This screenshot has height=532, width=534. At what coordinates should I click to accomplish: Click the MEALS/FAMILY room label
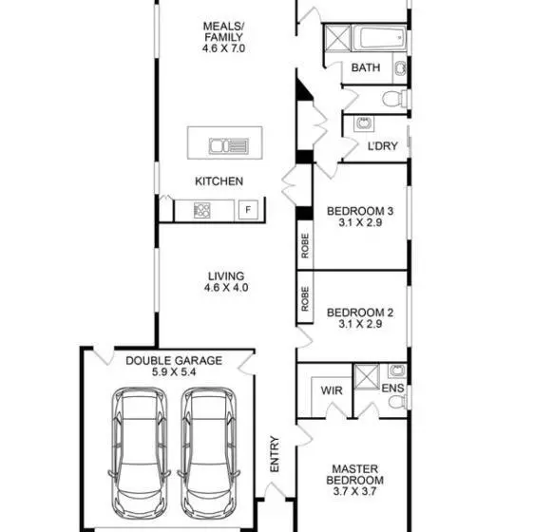[x=223, y=31]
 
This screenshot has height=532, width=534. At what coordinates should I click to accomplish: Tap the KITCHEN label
[x=219, y=181]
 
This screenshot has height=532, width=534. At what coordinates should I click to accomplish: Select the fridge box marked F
[x=248, y=209]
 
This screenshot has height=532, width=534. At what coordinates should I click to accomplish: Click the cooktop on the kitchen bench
[x=202, y=210]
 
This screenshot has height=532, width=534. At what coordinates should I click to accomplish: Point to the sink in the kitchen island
[x=229, y=145]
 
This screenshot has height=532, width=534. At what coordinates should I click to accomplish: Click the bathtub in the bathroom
[x=379, y=38]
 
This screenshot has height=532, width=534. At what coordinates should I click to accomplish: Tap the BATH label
[x=366, y=67]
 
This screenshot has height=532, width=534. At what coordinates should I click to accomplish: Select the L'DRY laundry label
[x=383, y=146]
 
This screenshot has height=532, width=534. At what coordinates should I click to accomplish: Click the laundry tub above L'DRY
[x=364, y=123]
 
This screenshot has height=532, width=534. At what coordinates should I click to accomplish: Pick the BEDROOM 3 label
[x=360, y=211]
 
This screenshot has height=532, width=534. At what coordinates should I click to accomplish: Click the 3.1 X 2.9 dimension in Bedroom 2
[x=360, y=324]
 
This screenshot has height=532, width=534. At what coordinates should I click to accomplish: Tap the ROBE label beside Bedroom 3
[x=305, y=245]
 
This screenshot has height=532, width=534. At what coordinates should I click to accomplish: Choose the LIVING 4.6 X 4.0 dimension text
[x=226, y=288]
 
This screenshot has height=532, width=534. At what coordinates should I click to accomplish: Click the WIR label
[x=332, y=390]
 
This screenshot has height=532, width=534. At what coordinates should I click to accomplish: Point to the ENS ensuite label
[x=392, y=389]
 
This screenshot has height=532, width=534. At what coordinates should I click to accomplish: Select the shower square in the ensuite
[x=367, y=377]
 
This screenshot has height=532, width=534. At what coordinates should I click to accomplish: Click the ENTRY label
[x=275, y=454]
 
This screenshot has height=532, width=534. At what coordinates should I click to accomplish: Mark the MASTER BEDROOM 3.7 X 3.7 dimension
[x=354, y=491]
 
